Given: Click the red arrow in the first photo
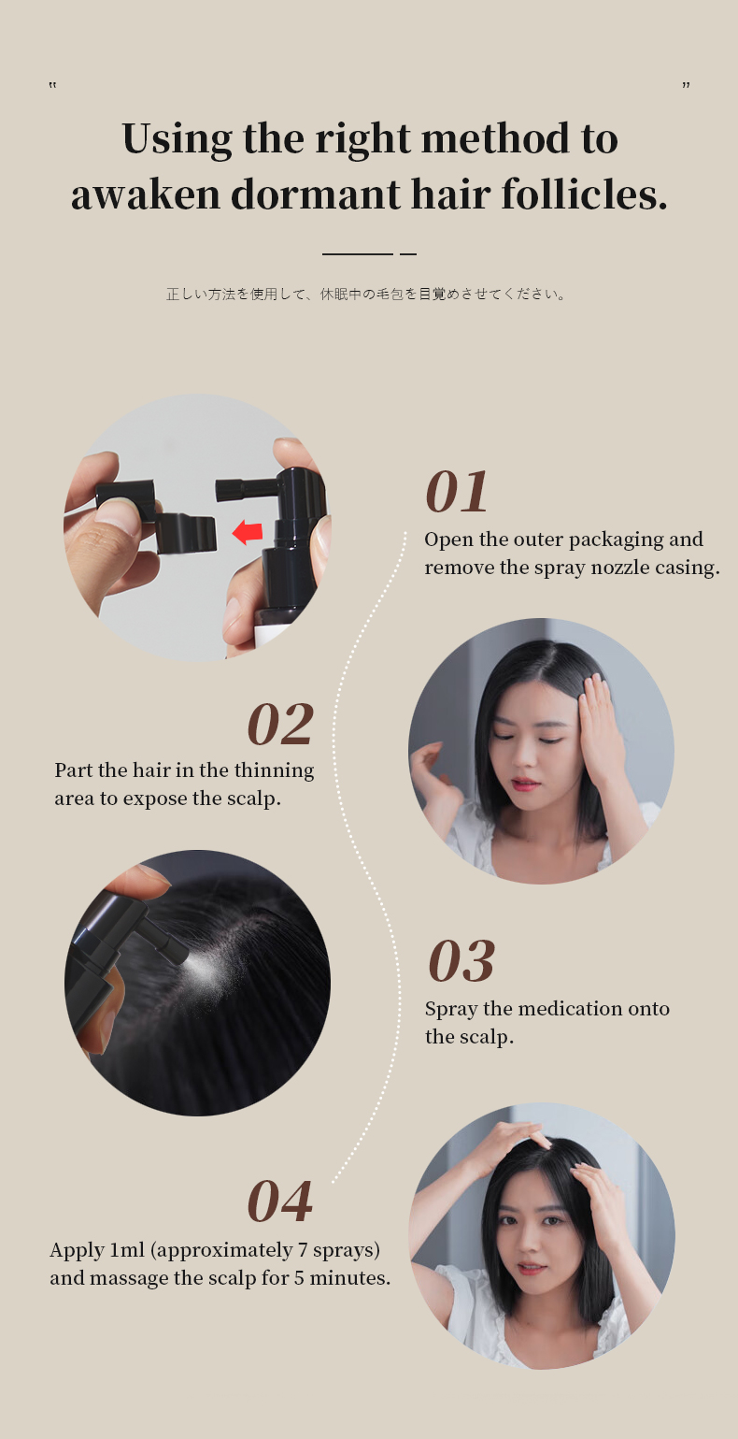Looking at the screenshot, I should (248, 533).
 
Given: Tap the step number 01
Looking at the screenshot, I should (458, 493).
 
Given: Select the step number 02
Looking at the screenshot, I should (280, 725).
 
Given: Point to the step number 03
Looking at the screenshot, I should (461, 962).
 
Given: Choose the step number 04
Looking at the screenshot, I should (280, 1202).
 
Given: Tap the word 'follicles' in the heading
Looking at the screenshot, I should (584, 194).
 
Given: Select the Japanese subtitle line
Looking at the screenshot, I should (367, 294).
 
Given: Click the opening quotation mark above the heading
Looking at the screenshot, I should (52, 86).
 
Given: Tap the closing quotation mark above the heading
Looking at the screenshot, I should (686, 86).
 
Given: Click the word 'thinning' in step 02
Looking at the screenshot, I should (274, 770).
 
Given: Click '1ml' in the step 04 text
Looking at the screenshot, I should (127, 1250).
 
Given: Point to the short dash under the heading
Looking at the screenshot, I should (407, 253).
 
